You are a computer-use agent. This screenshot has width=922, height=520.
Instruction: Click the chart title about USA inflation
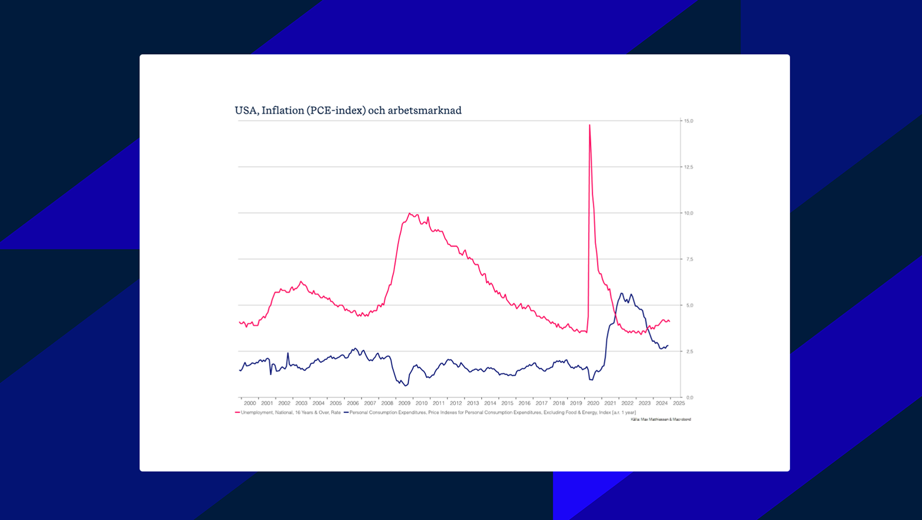[x=348, y=110]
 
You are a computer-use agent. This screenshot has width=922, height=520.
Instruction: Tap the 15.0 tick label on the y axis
[x=689, y=121]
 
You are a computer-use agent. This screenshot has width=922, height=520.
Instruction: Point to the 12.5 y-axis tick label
[x=689, y=167]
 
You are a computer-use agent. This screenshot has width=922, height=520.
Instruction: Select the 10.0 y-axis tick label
[x=689, y=213]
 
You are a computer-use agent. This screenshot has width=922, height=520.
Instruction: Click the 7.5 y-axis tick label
[x=689, y=259]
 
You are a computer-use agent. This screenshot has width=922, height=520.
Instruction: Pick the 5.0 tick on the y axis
[x=689, y=306]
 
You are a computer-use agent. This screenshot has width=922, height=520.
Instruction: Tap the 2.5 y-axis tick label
[x=689, y=352]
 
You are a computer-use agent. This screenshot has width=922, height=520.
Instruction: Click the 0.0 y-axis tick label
[x=689, y=398]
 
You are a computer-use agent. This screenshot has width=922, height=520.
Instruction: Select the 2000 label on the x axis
[x=250, y=403]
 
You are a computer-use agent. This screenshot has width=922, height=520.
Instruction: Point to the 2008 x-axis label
[x=387, y=403]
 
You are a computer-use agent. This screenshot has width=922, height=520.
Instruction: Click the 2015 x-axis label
[x=507, y=403]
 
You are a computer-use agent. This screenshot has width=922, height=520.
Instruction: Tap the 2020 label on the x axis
[x=593, y=403]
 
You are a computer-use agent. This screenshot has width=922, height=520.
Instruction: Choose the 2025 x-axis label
[x=679, y=403]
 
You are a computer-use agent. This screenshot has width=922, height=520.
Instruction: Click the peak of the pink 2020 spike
[x=589, y=125]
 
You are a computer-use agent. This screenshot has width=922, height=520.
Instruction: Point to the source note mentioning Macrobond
[x=661, y=420]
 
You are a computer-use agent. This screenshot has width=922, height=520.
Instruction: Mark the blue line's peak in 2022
[x=621, y=293]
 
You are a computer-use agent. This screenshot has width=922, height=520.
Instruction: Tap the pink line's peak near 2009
[x=410, y=213]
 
